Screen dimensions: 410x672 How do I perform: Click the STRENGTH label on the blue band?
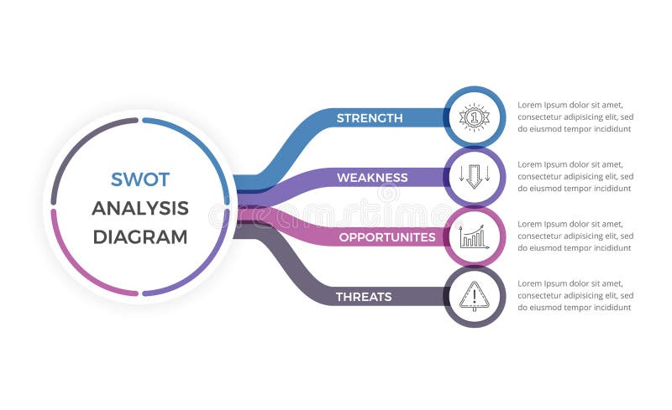[x=370, y=118]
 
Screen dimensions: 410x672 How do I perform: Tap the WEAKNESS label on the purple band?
[x=372, y=178]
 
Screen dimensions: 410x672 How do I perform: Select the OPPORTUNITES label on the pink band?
[x=387, y=237]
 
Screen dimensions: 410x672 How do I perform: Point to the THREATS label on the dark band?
[x=364, y=297]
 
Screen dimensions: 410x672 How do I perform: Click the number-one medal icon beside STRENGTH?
[x=475, y=117]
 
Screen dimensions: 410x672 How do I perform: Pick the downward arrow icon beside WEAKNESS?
[x=475, y=177]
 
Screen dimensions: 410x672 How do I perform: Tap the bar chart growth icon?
[x=475, y=236]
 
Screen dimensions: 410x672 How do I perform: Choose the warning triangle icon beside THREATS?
[x=475, y=296]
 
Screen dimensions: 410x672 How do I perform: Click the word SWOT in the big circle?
[x=140, y=179]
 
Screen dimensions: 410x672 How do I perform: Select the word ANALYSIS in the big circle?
[x=140, y=208]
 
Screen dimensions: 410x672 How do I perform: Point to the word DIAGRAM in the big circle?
[x=140, y=236]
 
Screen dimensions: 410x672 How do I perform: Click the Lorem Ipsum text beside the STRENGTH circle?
[x=575, y=117]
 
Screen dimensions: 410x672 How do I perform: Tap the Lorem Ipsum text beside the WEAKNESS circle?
[x=575, y=177]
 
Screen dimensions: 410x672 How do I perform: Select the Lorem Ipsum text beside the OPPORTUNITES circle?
[x=575, y=236]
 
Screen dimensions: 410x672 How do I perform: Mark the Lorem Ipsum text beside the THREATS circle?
[x=575, y=296]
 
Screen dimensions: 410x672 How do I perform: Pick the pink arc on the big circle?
[x=76, y=268]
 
